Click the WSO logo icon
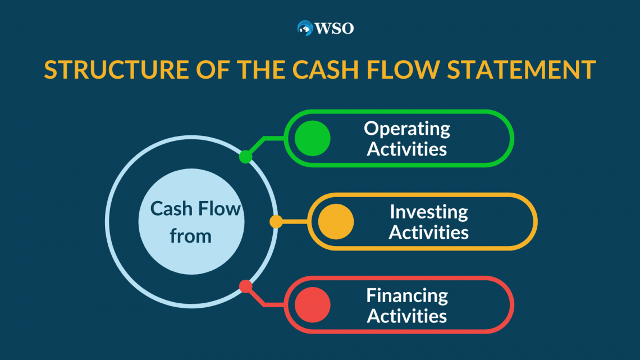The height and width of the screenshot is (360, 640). (x=305, y=28)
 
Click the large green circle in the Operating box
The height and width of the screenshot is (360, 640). (x=313, y=138)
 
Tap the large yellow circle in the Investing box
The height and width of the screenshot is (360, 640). (x=336, y=222)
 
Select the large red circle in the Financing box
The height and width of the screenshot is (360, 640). (x=313, y=305)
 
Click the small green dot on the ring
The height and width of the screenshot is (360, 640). (x=245, y=157)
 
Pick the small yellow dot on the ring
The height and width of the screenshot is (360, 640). (x=276, y=222)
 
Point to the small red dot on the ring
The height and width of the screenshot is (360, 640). (x=245, y=286)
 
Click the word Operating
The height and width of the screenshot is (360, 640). (x=407, y=129)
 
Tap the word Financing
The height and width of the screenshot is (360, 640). (x=407, y=296)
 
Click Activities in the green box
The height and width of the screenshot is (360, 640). (x=407, y=149)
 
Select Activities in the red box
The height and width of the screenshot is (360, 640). (x=407, y=316)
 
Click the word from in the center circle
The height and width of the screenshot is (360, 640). (x=191, y=236)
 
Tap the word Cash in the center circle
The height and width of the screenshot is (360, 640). (x=171, y=208)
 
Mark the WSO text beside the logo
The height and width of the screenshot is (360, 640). (x=335, y=29)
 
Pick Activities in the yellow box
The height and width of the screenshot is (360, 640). (x=428, y=233)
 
